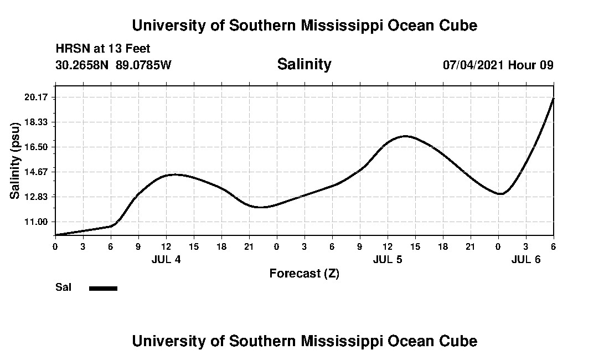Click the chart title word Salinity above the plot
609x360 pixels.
point(304,64)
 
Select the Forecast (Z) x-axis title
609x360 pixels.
point(304,274)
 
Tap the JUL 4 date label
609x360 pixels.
point(166,259)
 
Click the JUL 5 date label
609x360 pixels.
point(388,259)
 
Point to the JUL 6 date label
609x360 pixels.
point(525,259)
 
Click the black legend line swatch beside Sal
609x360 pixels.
point(103,288)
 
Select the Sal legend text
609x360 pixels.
point(63,287)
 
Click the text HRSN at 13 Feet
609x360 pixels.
point(103,49)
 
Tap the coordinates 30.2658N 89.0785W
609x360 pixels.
point(113,65)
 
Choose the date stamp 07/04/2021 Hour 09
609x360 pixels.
point(498,65)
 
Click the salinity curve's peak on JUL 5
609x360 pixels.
point(405,136)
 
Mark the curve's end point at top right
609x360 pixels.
point(553,98)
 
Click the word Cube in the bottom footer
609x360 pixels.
point(461,341)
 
